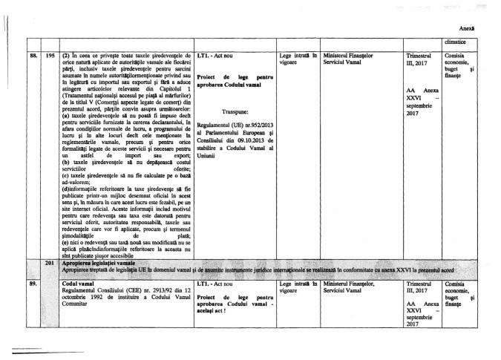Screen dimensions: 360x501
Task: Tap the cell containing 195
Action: click(50, 56)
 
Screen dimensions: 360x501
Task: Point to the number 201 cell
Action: click(50, 263)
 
